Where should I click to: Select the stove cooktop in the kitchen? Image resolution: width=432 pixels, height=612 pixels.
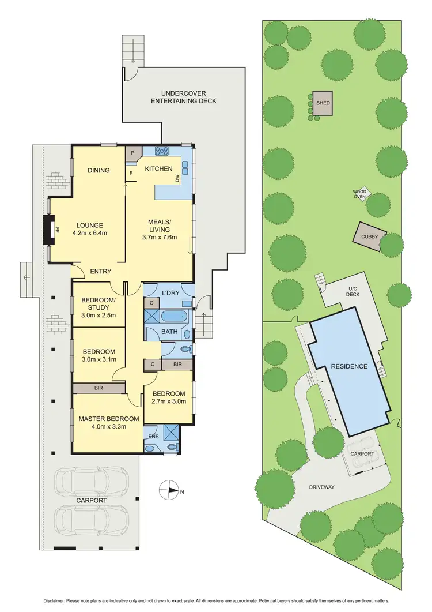coord(161,152)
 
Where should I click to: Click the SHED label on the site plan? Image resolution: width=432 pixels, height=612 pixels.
coord(323,103)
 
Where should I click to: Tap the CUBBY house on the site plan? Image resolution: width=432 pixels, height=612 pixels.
coord(369,236)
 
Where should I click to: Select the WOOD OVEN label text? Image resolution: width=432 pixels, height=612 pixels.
coord(359,194)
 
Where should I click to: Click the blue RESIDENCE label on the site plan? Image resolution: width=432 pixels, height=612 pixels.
coord(348,366)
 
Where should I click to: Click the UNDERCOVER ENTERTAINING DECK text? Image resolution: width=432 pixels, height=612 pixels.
coord(183,97)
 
